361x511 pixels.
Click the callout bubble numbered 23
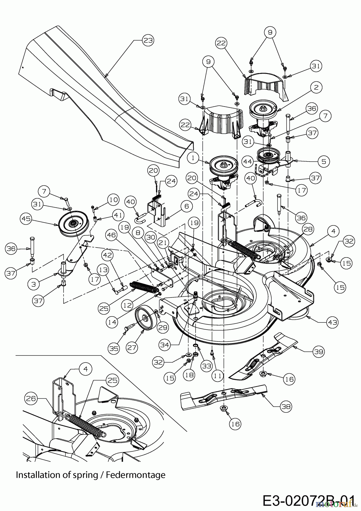(148, 41)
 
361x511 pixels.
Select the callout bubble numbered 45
(26, 219)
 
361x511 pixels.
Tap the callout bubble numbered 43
(333, 322)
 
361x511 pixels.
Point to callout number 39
(318, 351)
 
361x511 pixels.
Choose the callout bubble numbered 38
(286, 407)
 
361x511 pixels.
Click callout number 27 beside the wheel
(132, 347)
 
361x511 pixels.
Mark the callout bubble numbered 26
(31, 399)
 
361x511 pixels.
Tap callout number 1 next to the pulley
(193, 158)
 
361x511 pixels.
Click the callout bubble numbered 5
(324, 162)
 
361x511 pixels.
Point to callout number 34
(165, 345)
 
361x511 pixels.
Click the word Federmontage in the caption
(136, 475)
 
